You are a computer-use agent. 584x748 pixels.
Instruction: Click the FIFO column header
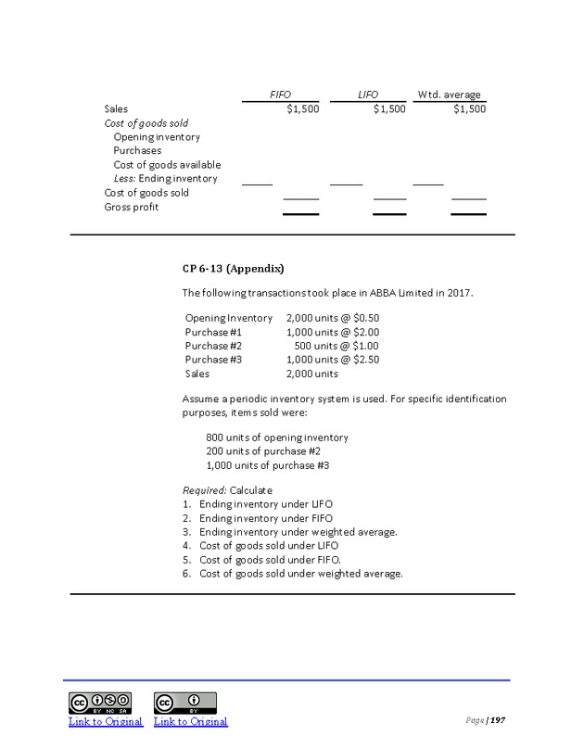tap(279, 95)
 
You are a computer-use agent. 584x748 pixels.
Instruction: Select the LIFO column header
tap(369, 95)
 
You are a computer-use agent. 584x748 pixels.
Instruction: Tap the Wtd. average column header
tap(451, 95)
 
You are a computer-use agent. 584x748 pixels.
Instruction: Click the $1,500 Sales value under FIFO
tap(301, 108)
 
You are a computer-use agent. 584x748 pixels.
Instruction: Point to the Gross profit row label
tap(131, 207)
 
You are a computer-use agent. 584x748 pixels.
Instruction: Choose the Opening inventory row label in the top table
tap(157, 137)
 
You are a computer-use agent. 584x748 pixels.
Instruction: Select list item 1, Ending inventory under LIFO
tap(260, 503)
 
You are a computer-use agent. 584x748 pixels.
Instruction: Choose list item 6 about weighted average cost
tap(300, 574)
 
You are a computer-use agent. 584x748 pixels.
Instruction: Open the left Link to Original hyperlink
tap(106, 721)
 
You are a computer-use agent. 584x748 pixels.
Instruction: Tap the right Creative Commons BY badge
tap(185, 702)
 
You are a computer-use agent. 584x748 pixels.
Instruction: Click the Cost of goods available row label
tap(167, 165)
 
